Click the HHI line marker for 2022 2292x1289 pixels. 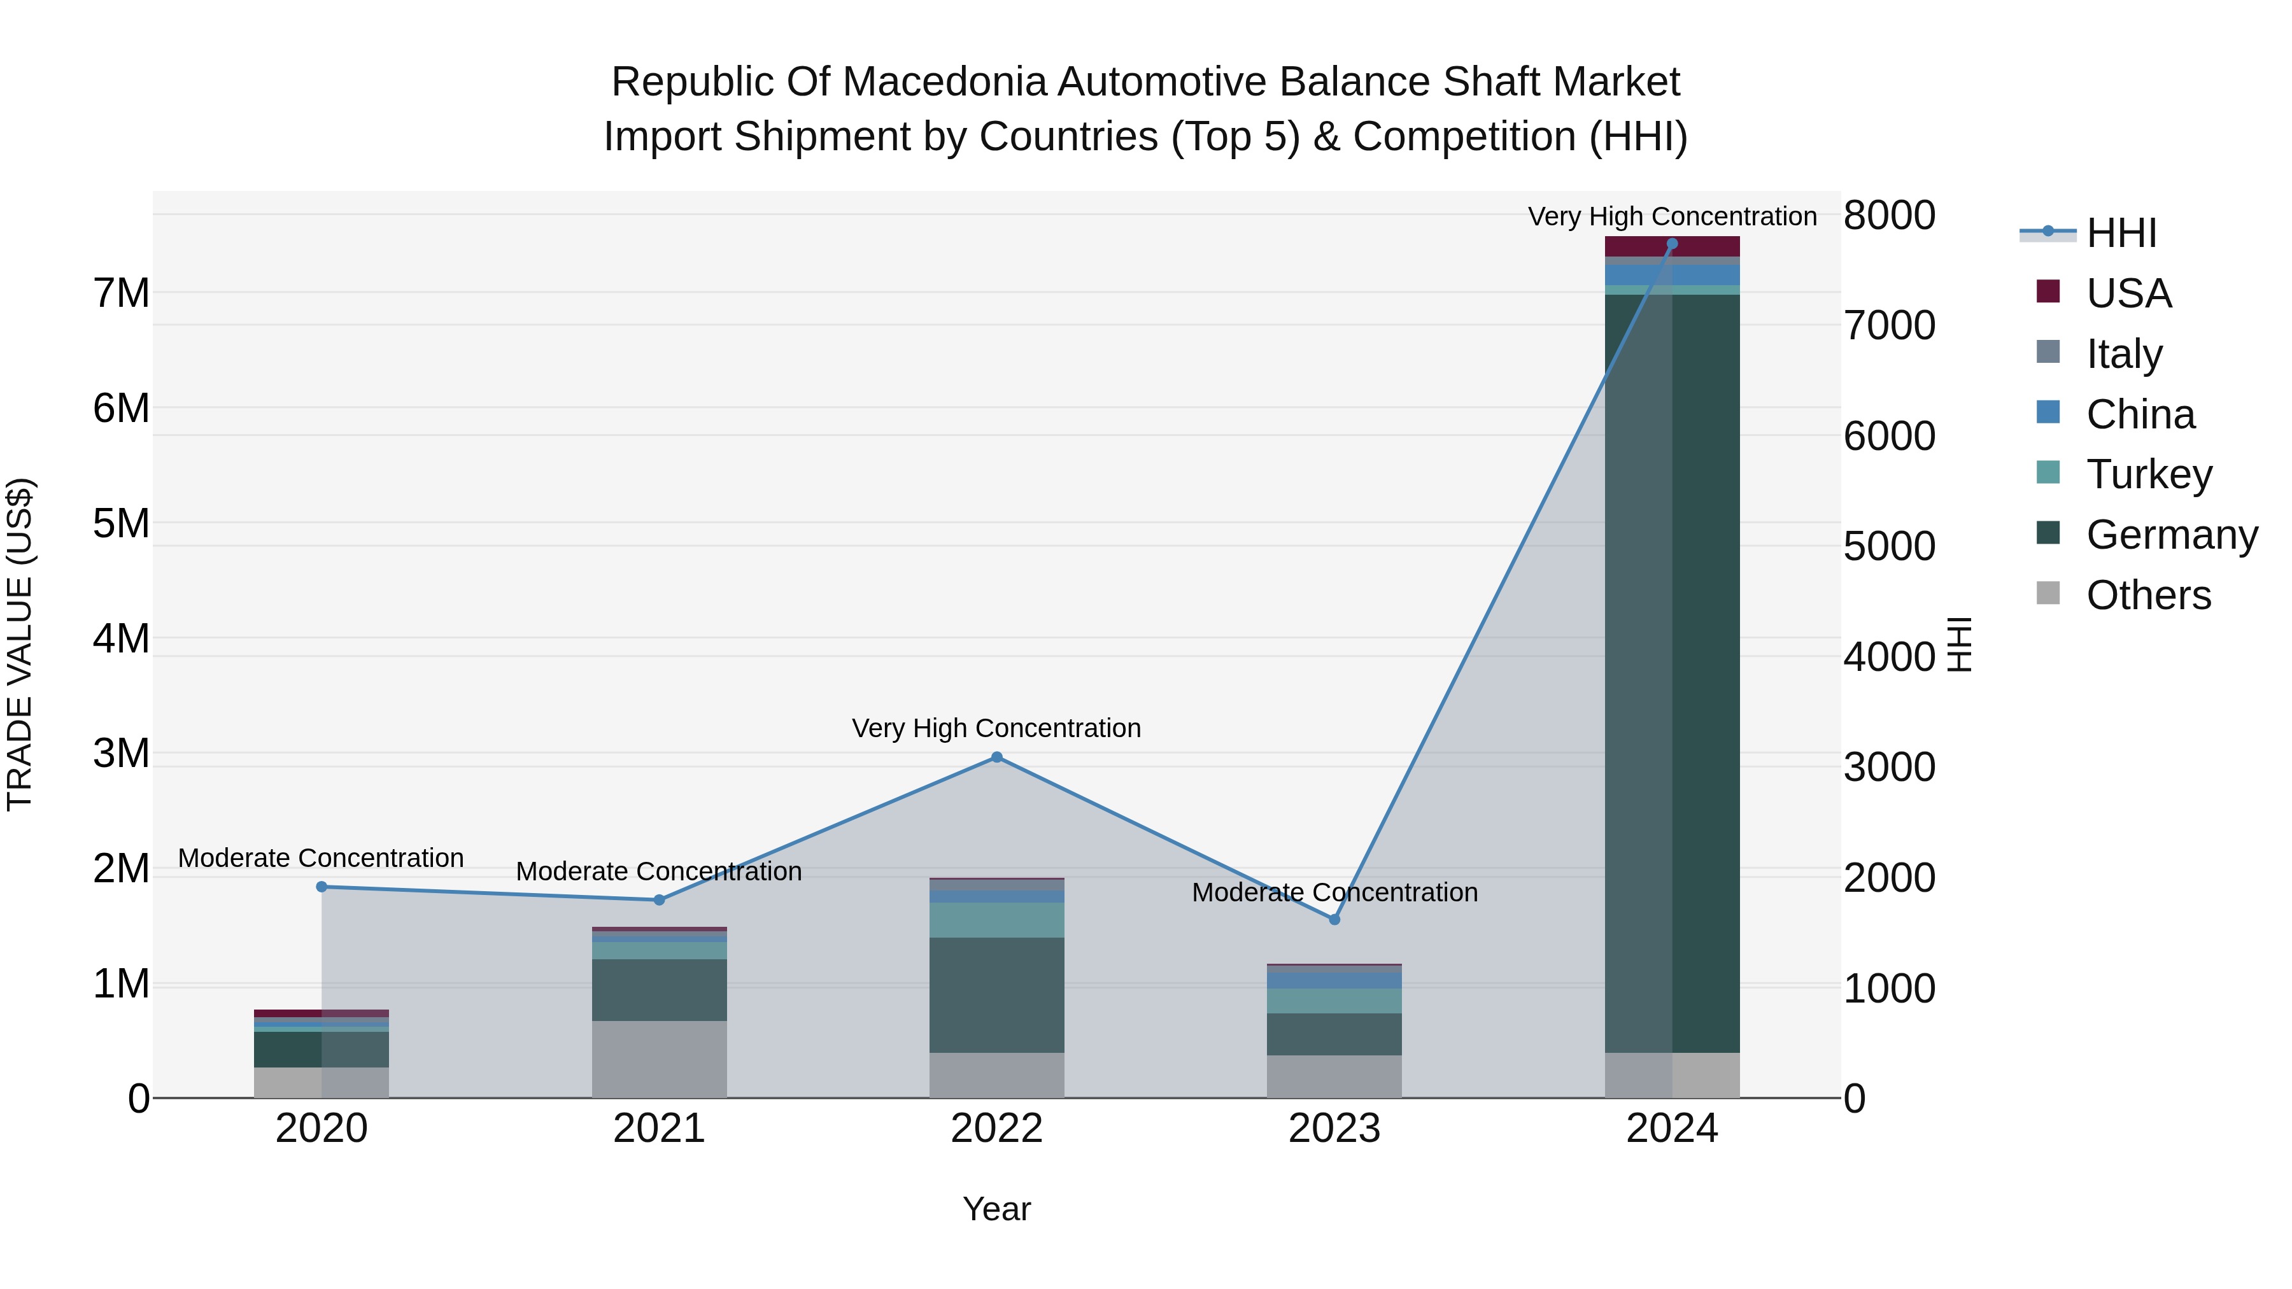[x=996, y=757]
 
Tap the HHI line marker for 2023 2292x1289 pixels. [x=1334, y=920]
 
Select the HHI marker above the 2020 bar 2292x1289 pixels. [x=322, y=887]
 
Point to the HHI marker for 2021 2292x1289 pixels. [x=660, y=900]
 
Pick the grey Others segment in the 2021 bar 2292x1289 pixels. [x=660, y=1059]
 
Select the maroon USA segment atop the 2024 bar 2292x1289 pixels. [x=1672, y=246]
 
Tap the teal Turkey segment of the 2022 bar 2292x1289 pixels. [x=996, y=920]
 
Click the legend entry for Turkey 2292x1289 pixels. [x=2148, y=474]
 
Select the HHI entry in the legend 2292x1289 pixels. [x=2121, y=233]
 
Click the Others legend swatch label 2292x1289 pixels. [x=2148, y=595]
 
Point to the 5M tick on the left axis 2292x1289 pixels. [x=121, y=523]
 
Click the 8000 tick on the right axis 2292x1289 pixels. [x=1889, y=215]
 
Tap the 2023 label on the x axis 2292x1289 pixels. [x=1334, y=1129]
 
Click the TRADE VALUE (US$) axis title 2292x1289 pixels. [x=20, y=644]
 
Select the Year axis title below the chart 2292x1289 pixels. [x=996, y=1209]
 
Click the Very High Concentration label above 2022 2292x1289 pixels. [x=996, y=728]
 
